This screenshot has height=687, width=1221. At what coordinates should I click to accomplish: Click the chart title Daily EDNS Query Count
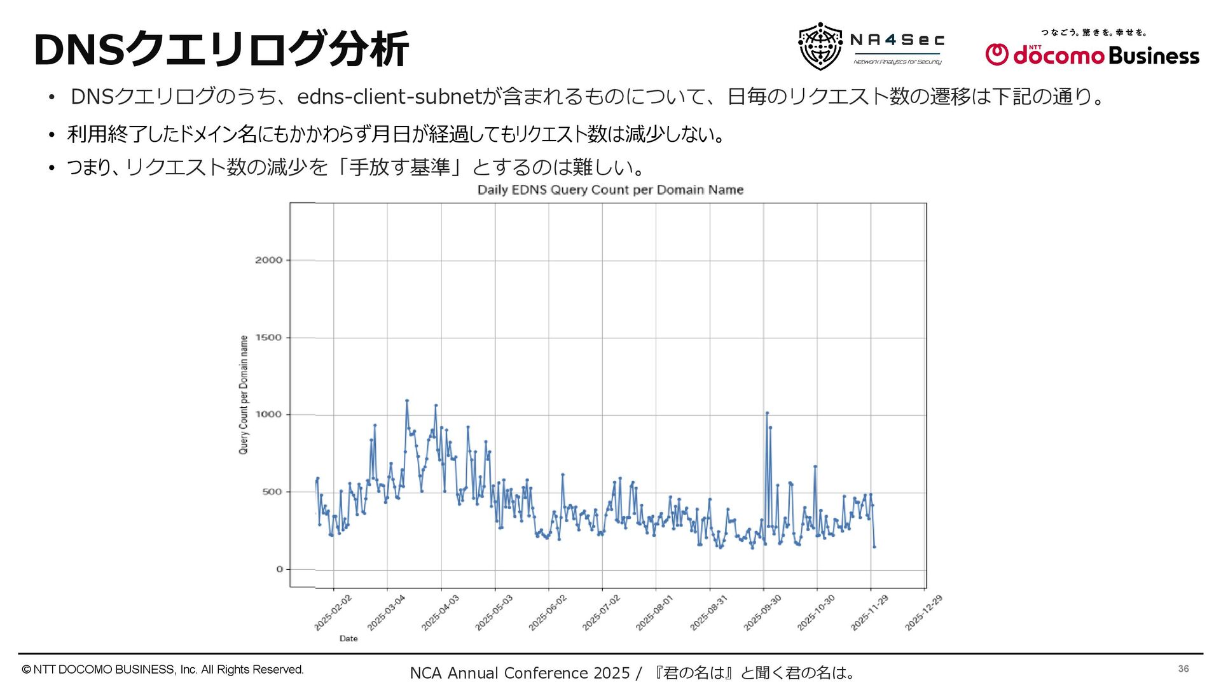(x=610, y=190)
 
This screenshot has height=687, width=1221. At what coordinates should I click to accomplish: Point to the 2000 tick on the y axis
(x=268, y=260)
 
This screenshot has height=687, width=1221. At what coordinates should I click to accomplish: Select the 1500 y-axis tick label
(x=268, y=338)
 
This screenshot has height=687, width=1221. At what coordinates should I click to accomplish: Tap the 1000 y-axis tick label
(x=268, y=415)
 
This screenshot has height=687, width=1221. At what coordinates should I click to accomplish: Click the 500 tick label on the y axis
(x=272, y=492)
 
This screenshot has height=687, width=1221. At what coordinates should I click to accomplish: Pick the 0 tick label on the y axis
(x=279, y=569)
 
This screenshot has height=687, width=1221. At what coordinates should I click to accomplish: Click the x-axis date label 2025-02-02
(x=333, y=613)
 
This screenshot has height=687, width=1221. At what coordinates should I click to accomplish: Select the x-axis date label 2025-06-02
(x=548, y=613)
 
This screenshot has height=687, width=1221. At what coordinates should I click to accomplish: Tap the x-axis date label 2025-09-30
(x=762, y=613)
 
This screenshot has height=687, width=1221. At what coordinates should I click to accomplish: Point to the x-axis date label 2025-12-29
(x=923, y=613)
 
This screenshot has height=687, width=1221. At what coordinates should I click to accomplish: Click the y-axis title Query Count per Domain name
(x=244, y=395)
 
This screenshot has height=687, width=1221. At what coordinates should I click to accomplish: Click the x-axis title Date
(x=348, y=639)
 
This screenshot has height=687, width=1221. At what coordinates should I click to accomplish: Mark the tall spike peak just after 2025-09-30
(x=767, y=413)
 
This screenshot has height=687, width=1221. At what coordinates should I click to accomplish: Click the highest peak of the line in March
(x=407, y=401)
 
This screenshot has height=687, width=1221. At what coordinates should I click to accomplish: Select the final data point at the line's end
(x=874, y=547)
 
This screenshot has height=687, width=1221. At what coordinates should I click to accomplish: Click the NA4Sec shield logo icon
(x=820, y=46)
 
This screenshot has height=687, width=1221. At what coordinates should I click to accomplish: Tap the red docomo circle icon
(x=997, y=55)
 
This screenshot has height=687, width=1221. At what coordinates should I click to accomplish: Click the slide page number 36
(x=1183, y=669)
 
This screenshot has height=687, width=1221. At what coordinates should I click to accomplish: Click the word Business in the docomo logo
(x=1154, y=56)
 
